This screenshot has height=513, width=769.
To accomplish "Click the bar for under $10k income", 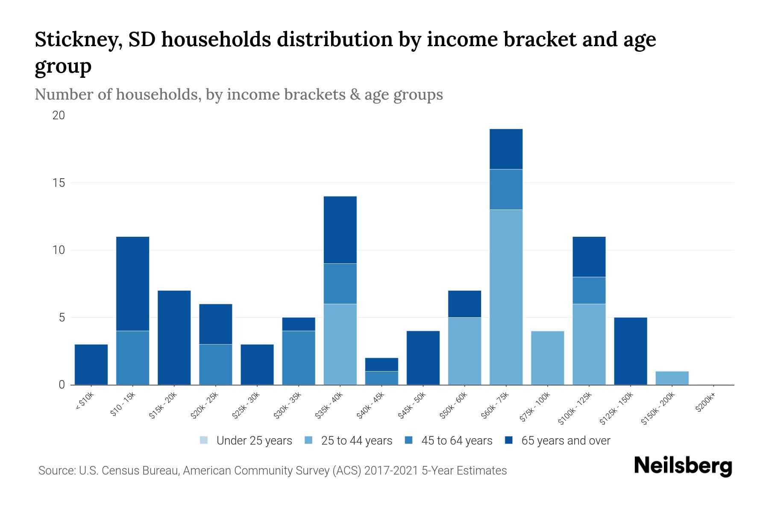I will [x=91, y=365].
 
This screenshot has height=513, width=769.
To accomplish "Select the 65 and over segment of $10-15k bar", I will [x=132, y=283].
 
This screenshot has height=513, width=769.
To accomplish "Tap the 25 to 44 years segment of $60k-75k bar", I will [x=506, y=297].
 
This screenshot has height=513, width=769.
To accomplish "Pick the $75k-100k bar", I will [x=547, y=358].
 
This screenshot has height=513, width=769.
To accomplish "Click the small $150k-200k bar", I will [x=672, y=378].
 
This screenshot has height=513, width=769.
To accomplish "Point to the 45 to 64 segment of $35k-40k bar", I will [x=340, y=283].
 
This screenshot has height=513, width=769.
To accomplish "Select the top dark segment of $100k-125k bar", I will [x=589, y=256].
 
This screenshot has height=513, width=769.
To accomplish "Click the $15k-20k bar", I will [x=174, y=338].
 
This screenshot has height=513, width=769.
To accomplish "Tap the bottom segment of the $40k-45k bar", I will [x=382, y=378].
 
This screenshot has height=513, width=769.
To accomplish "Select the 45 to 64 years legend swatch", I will [x=409, y=440].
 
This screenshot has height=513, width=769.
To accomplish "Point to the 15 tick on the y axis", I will [x=59, y=183].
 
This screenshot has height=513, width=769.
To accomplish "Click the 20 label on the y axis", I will [x=59, y=115].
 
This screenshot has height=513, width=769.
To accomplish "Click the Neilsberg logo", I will [x=683, y=466].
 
